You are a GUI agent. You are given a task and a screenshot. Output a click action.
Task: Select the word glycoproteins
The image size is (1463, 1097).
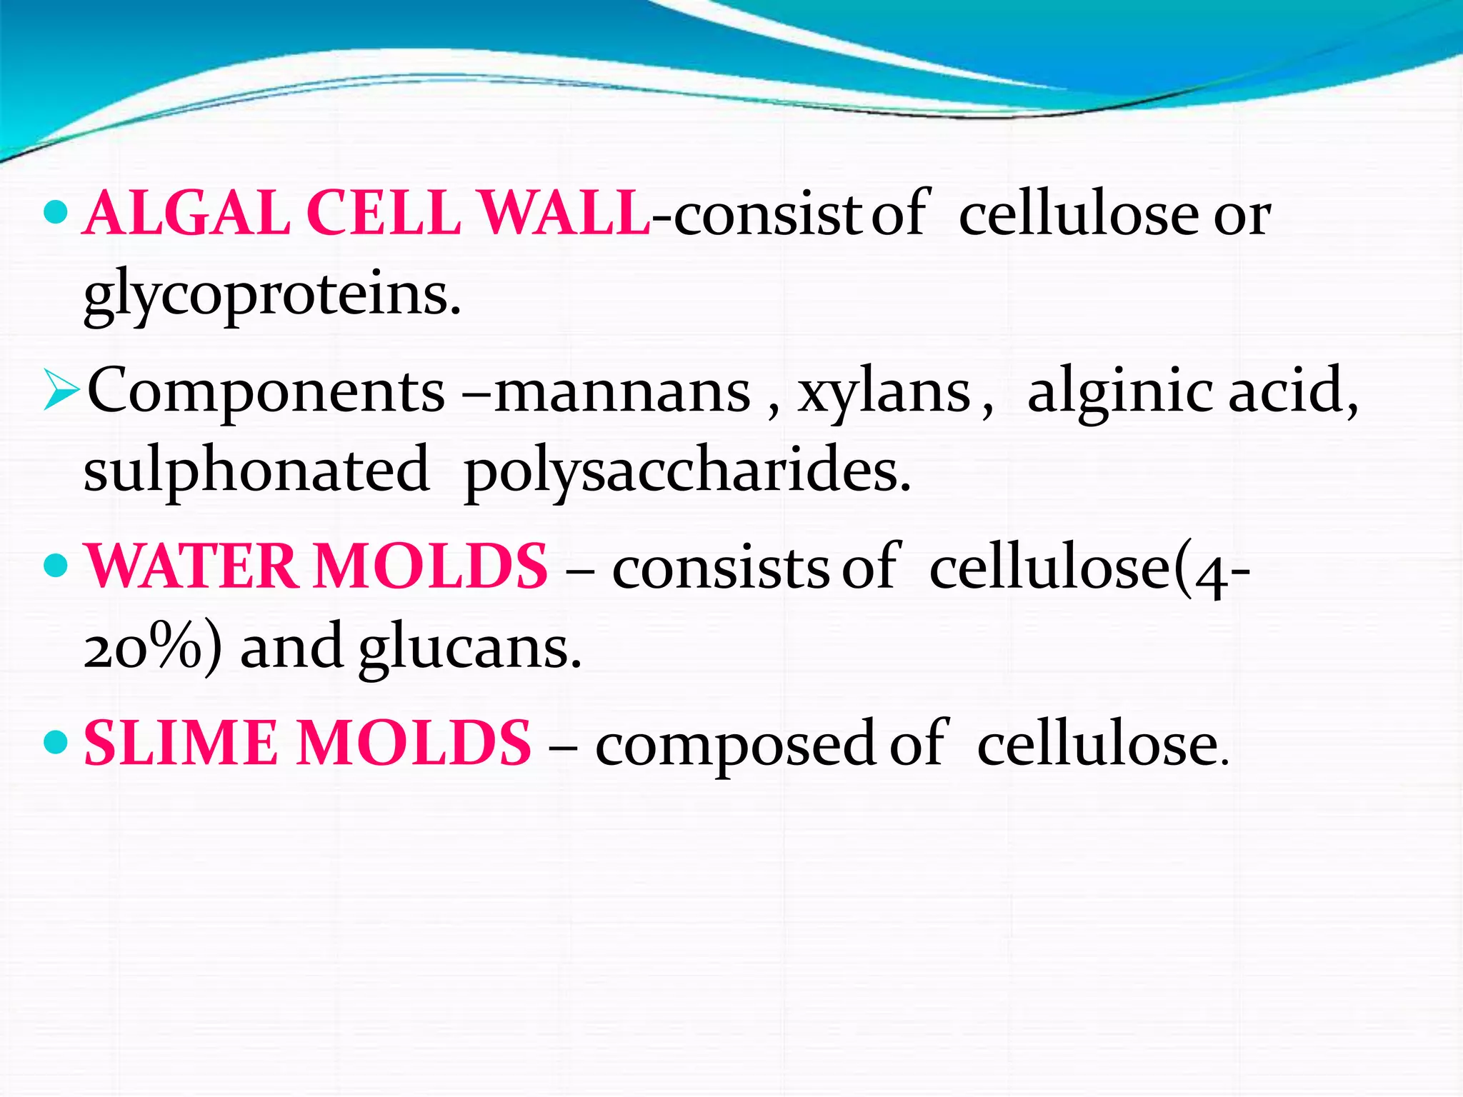(271, 296)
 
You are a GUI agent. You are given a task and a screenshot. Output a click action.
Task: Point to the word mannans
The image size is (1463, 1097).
(622, 391)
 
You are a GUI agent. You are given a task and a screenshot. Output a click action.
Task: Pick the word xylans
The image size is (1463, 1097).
(884, 391)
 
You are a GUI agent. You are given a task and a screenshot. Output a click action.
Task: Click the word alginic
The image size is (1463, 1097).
(1119, 391)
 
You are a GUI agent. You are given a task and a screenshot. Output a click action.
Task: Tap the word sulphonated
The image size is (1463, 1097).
(256, 471)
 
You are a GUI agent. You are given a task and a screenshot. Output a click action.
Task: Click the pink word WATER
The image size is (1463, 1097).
(191, 566)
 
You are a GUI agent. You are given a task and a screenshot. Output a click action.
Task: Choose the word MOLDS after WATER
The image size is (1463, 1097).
(431, 566)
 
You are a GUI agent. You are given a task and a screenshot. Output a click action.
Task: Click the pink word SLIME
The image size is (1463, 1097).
(180, 743)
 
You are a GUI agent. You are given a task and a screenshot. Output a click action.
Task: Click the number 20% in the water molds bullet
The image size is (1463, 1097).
(143, 647)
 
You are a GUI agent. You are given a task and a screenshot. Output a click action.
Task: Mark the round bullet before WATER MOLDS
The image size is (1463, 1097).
(55, 566)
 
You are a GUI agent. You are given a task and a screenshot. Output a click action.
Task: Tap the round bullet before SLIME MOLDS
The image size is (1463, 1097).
(55, 742)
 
